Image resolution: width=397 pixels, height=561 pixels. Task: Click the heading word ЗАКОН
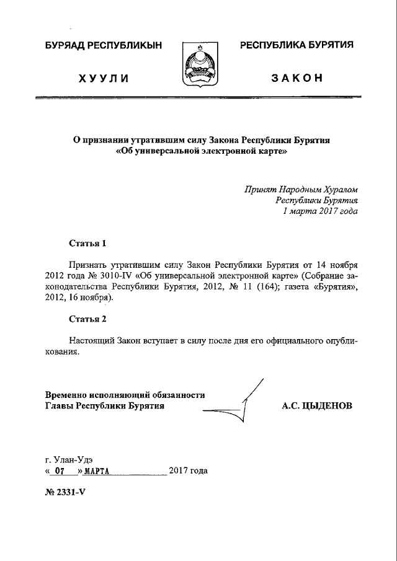pyautogui.click(x=297, y=78)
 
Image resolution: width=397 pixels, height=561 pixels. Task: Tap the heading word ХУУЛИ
pyautogui.click(x=103, y=78)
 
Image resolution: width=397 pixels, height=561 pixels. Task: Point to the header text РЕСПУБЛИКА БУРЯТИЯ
pyautogui.click(x=297, y=45)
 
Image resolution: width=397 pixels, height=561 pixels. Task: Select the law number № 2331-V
pyautogui.click(x=68, y=496)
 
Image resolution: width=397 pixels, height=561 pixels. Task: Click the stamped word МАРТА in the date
pyautogui.click(x=96, y=471)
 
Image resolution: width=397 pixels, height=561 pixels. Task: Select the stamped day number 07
pyautogui.click(x=60, y=471)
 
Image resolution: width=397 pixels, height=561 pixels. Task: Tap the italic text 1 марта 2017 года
pyautogui.click(x=320, y=211)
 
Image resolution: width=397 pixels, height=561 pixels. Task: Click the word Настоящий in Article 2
pyautogui.click(x=92, y=340)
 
